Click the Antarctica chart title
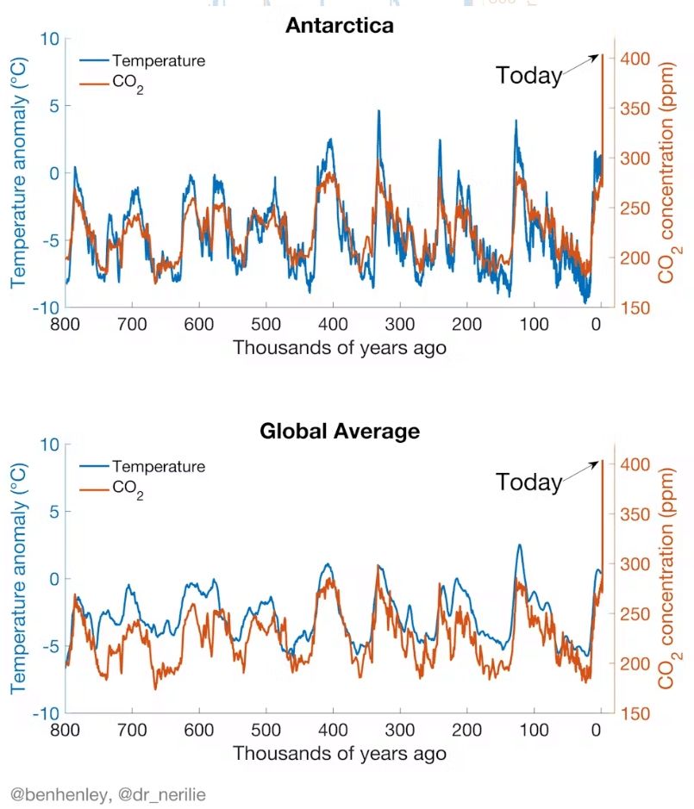(340, 25)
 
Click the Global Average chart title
(340, 431)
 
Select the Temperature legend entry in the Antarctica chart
(158, 61)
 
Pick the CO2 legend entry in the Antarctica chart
(128, 84)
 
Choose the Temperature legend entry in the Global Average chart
(158, 467)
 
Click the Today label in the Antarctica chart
(528, 76)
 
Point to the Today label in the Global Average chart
(528, 482)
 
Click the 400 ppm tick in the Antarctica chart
(635, 59)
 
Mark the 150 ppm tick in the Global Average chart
(635, 714)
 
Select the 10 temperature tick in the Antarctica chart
(48, 39)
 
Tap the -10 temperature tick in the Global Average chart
(43, 714)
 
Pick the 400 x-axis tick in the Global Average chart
(333, 731)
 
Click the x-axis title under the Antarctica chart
(340, 347)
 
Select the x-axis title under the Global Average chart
(340, 753)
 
